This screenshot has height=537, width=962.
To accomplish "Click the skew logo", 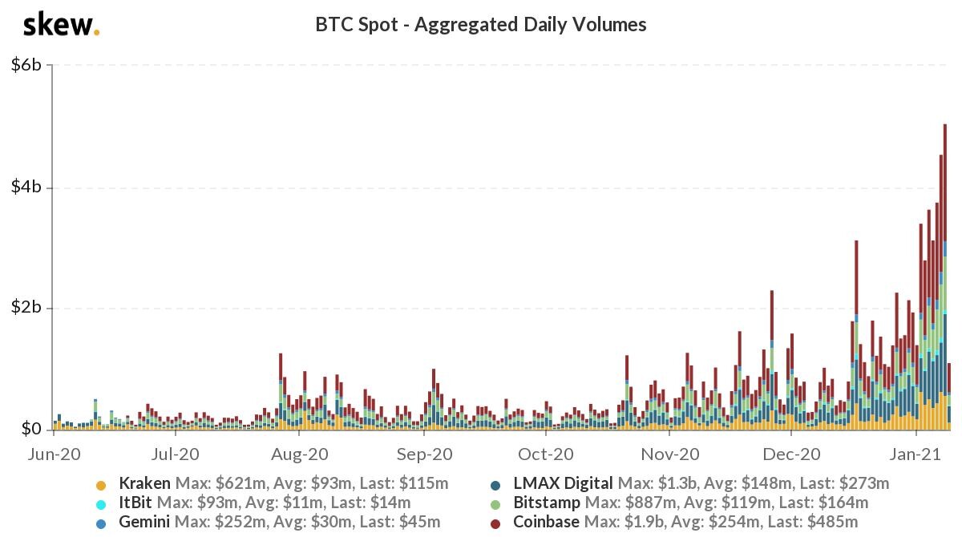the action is (x=61, y=26).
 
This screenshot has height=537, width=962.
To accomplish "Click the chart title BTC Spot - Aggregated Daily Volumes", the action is (x=480, y=25).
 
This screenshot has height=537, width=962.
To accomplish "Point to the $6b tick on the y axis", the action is (x=26, y=65).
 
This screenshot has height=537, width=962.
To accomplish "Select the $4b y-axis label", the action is (x=26, y=187).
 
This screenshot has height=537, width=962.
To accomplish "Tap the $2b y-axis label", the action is (x=26, y=307).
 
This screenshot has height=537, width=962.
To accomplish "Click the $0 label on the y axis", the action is (x=31, y=428).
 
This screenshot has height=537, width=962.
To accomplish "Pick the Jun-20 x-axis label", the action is (x=55, y=454).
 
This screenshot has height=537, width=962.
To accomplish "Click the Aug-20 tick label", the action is (x=299, y=454).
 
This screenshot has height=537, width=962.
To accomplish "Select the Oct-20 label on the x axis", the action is (x=545, y=454).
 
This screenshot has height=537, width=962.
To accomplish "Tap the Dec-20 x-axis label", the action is (x=791, y=454).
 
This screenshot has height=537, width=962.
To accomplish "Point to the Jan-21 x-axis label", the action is (x=916, y=454).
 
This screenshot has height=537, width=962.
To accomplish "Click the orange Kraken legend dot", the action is (x=101, y=486).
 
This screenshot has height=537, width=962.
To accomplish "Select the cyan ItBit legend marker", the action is (x=101, y=505).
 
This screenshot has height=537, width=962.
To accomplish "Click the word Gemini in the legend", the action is (x=144, y=522).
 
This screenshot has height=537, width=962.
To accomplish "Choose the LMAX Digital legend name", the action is (x=563, y=484).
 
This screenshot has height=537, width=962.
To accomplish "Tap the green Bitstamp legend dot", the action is (x=495, y=505).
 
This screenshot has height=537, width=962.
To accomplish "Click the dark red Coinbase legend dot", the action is (x=495, y=524).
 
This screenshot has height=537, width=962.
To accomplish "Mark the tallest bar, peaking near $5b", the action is (x=945, y=277).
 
